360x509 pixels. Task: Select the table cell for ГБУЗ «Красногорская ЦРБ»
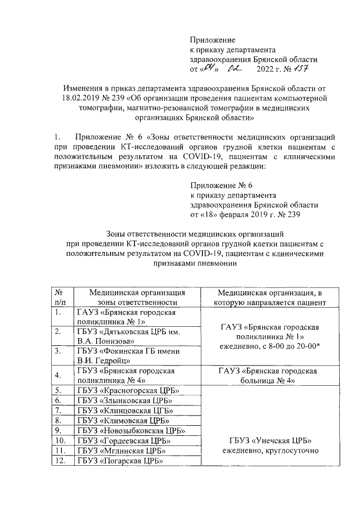point(127,390)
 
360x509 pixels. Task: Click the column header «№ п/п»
point(59,297)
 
